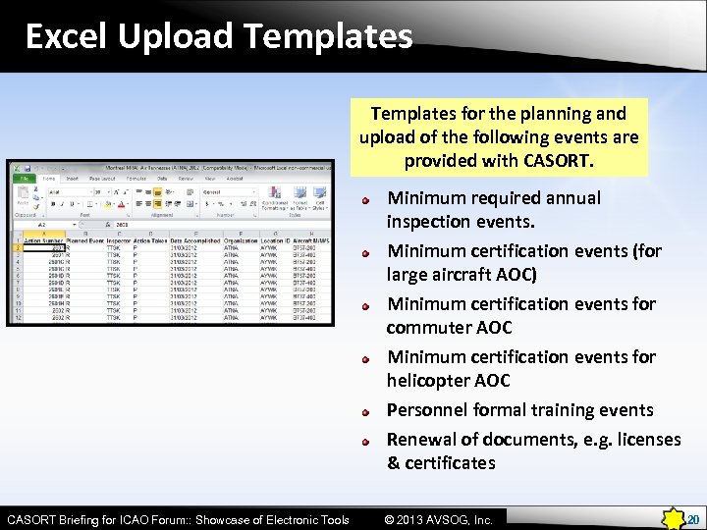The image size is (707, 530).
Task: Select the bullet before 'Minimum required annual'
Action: [x=364, y=200]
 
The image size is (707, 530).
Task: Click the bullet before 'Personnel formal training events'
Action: [x=364, y=412]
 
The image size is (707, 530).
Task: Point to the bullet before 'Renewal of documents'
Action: [x=364, y=442]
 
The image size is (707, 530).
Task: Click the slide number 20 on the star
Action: [x=692, y=519]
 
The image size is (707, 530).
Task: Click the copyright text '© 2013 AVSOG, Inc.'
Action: [x=438, y=519]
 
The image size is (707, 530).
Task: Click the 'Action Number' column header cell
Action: [x=42, y=240]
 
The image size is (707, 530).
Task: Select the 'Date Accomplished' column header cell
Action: [x=195, y=240]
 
